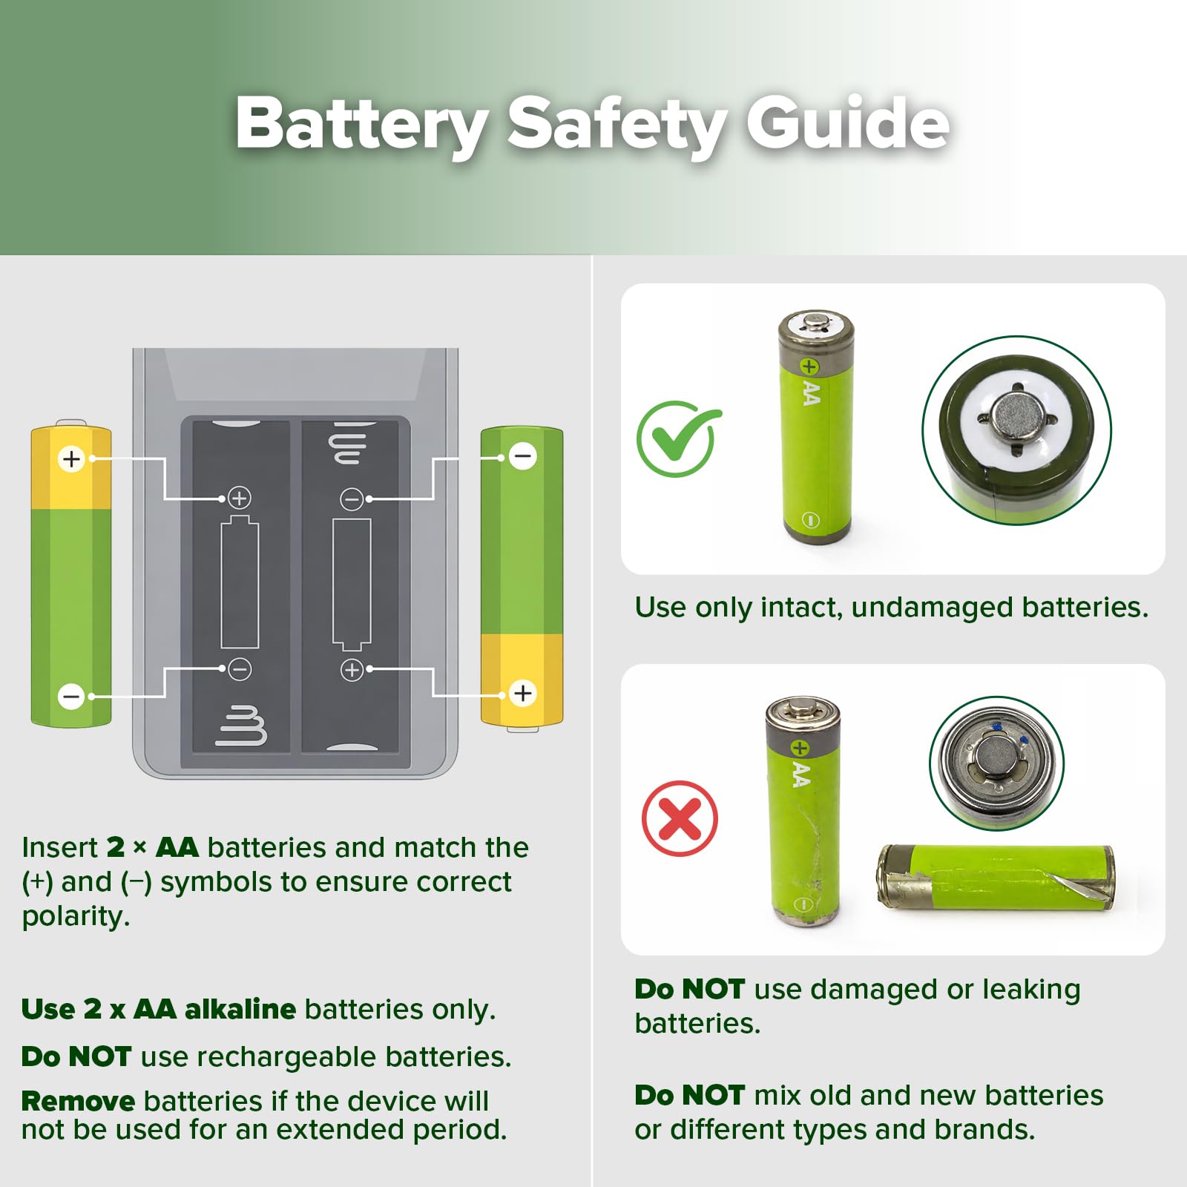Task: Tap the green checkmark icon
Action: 677,439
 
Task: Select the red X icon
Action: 680,818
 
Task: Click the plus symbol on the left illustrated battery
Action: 71,459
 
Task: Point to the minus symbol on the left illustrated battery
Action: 71,697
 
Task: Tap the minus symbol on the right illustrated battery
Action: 523,456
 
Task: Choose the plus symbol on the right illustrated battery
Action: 523,693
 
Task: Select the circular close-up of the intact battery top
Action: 1016,431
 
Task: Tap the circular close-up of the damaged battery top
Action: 996,763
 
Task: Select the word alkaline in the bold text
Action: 240,1009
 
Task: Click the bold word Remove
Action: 78,1102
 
